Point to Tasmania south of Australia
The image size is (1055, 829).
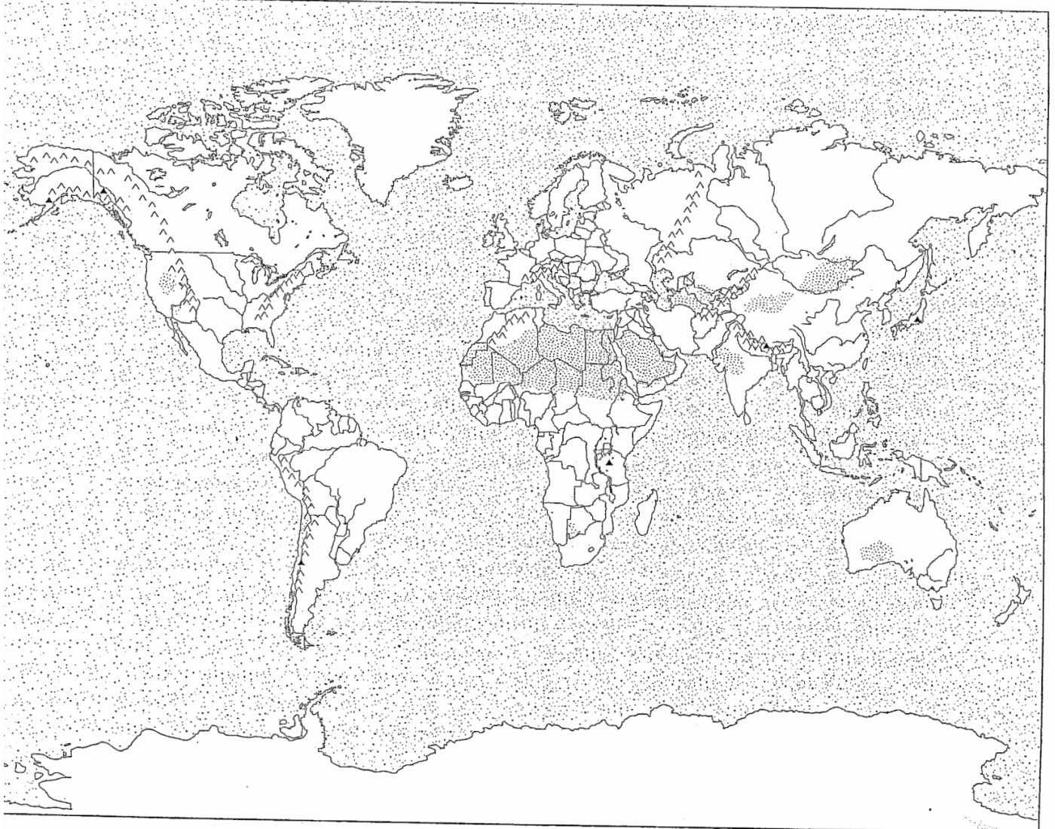point(937,601)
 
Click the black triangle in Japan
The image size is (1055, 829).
point(917,320)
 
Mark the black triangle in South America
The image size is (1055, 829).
point(301,561)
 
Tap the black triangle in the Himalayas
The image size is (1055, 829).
point(766,345)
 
